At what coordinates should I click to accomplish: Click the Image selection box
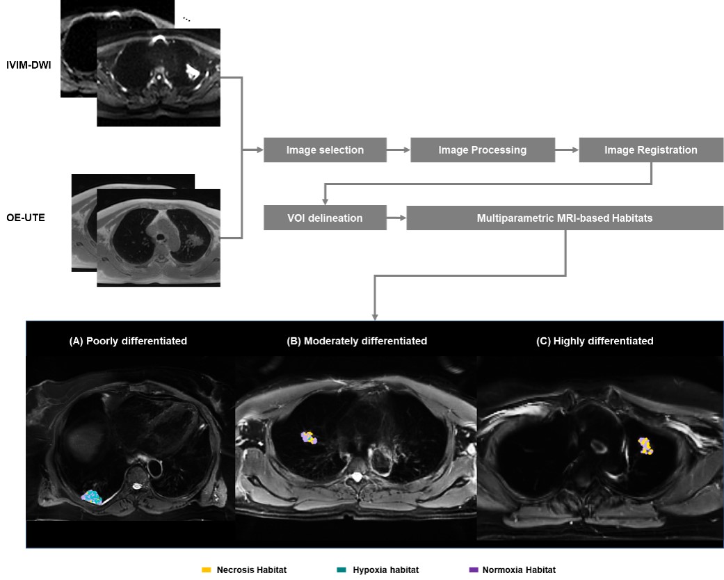tap(325, 150)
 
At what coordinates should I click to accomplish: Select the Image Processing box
tap(482, 150)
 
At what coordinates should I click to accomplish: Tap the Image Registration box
tap(650, 150)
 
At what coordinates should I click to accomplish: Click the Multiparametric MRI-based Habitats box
tap(565, 218)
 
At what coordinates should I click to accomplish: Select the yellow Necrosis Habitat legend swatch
tap(206, 570)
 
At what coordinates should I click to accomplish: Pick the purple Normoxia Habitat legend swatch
tap(473, 570)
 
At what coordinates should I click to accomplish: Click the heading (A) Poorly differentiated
tap(128, 341)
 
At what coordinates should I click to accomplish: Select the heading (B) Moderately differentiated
tap(356, 341)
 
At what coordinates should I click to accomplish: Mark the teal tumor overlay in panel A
tap(92, 496)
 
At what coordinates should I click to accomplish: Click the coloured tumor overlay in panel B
tap(309, 437)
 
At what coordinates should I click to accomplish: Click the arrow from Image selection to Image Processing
tap(399, 150)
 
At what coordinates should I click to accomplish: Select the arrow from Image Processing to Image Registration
tap(567, 150)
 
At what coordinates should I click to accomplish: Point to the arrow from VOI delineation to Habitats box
tap(396, 218)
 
